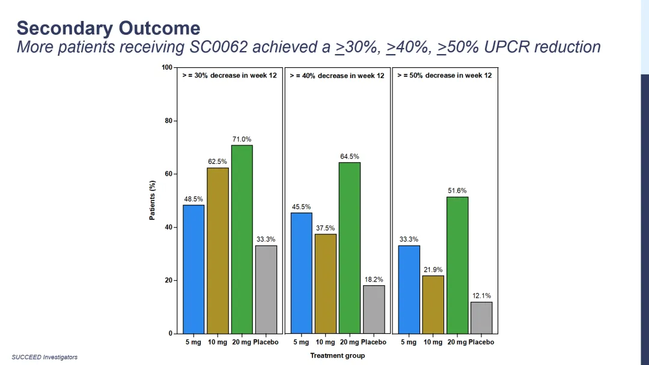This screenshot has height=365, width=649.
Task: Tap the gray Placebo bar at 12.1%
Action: pos(481,318)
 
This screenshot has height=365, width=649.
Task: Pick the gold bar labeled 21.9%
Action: pos(433,304)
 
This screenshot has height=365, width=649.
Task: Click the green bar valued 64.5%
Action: pos(349,247)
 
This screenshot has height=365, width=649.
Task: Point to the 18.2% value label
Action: pos(374,280)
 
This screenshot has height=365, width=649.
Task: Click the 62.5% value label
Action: pos(218,161)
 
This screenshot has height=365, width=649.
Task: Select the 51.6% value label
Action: pos(457,191)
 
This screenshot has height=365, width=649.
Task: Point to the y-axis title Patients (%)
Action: pos(152,201)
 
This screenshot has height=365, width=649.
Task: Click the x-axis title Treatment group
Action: pos(337,355)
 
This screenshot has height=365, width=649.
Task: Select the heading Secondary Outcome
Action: pos(108,28)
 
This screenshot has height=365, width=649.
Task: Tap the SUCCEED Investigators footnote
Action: pos(44,357)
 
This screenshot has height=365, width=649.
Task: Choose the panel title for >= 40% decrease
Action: pos(337,76)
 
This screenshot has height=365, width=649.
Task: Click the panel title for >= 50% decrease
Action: pos(444,76)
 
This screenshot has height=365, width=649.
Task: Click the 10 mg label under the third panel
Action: pos(433,342)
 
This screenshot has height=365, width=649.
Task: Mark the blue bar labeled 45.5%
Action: pos(301,273)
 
